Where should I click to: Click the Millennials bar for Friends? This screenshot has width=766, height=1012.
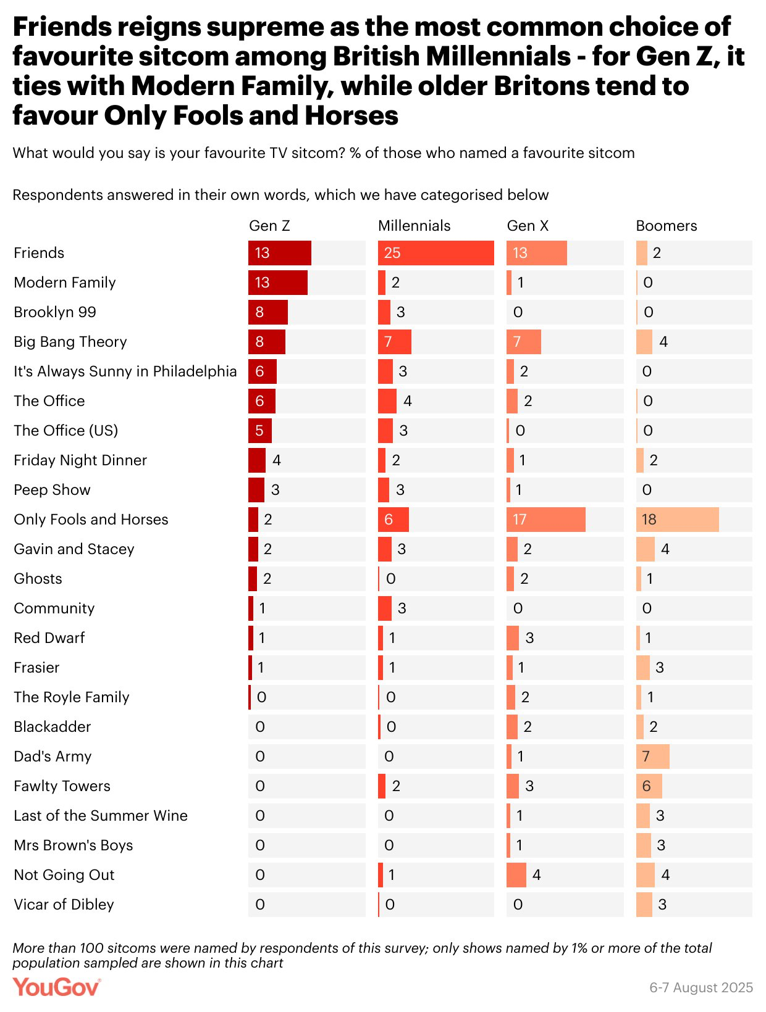pos(436,253)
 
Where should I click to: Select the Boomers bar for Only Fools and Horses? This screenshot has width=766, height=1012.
pos(677,520)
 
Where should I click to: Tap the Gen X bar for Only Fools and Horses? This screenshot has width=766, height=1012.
pos(545,520)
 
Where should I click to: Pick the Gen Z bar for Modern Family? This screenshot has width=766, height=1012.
pos(278,283)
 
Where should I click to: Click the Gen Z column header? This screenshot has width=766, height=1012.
pos(269,226)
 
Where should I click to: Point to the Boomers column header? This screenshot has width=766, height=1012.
pos(666,226)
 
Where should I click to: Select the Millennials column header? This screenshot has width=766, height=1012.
pos(414,226)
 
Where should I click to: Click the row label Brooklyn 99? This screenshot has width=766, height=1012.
pos(55,312)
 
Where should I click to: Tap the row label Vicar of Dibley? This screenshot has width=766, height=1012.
pos(64,905)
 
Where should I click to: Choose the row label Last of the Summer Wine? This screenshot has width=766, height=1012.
pos(101,816)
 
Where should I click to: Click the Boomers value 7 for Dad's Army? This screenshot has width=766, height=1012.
pos(646,757)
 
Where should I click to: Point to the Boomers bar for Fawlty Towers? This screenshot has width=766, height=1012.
pos(649,786)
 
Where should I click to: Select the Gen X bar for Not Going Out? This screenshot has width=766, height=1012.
pos(516,875)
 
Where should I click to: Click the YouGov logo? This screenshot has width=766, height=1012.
pos(56,987)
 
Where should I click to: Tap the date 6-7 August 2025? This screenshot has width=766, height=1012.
pos(701,987)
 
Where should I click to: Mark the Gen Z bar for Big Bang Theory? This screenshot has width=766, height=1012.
pos(267,342)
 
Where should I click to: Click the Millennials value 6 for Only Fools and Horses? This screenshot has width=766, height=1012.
pos(389,520)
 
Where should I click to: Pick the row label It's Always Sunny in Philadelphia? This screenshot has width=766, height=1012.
pos(125,371)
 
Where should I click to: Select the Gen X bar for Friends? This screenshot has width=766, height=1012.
pos(536,253)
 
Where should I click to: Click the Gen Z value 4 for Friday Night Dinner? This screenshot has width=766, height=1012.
pos(277,460)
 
